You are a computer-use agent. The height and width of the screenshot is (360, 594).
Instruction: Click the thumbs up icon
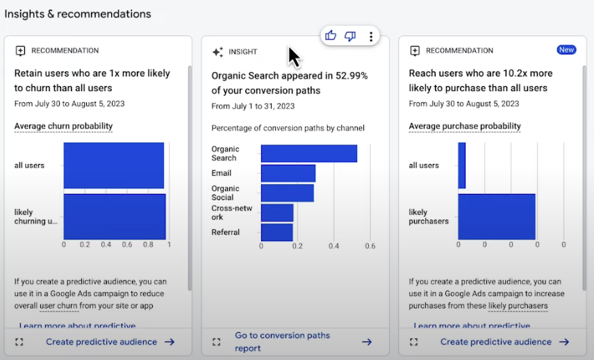pos(331,36)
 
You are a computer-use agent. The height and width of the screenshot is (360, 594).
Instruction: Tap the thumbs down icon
pos(350,36)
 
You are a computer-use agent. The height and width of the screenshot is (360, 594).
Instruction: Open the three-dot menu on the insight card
pos(371,37)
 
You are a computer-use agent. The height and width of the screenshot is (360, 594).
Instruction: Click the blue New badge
pos(566,50)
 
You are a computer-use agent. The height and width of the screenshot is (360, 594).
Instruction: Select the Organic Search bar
pos(309,154)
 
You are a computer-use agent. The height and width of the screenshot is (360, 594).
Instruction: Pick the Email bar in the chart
pos(288,173)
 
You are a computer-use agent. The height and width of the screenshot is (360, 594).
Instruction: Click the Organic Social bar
pos(288,193)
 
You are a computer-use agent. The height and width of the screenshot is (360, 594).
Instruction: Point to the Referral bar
pos(277,232)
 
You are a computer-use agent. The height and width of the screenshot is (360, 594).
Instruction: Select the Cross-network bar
pos(277,213)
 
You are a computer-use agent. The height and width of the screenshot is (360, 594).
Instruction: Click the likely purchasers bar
pos(497,216)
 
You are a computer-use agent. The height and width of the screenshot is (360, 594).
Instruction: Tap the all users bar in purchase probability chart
pos(462,165)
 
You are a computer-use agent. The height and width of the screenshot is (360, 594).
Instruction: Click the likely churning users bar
pos(115,216)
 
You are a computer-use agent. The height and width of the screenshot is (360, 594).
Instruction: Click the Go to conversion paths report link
pos(272,341)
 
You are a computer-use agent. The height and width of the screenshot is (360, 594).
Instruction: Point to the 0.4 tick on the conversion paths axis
pos(333,246)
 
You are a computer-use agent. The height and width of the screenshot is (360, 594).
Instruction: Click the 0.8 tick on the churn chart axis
pos(147,245)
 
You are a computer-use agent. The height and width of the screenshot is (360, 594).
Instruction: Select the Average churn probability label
pos(63,126)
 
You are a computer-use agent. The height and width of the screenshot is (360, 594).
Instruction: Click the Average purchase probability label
pos(464,126)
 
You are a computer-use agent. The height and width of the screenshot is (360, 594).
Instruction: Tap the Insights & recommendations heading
pos(77,14)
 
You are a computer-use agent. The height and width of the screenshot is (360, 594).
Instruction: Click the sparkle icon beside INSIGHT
pos(217,51)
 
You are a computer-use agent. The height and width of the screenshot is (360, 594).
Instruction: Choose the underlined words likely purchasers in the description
pos(518,306)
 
